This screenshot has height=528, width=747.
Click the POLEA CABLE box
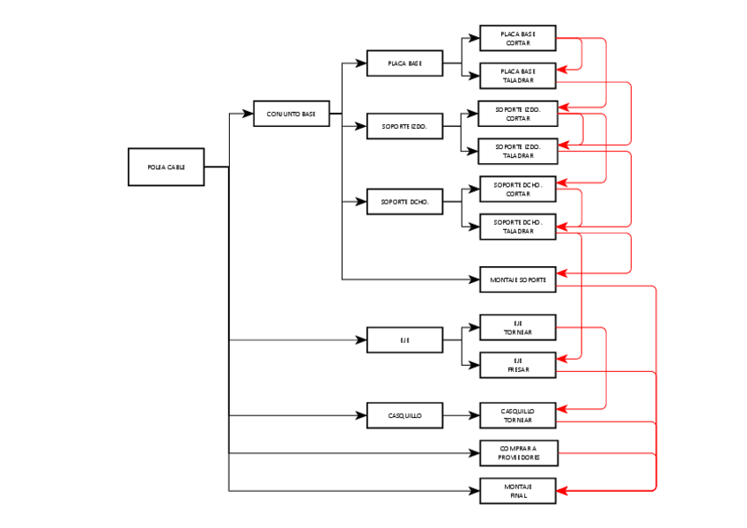166,167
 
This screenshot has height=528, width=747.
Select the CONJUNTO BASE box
291,114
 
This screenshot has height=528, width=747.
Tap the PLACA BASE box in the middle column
404,63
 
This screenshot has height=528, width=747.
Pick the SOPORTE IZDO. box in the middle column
404,127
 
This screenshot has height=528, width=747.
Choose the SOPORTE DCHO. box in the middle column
404,202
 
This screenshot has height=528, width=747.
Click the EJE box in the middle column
404,339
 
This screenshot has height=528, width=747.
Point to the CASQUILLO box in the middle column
404,415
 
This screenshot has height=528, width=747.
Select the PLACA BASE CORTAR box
517,38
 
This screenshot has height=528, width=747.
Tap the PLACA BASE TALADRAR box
517,76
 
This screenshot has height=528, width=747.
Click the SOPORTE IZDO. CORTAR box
517,114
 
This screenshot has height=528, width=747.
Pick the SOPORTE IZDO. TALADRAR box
517,151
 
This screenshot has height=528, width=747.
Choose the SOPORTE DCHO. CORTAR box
517,190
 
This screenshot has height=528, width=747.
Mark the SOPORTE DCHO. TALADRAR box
517,227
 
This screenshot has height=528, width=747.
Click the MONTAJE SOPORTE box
517,279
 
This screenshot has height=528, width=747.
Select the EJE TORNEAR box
517,328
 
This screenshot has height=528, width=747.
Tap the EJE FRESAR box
517,365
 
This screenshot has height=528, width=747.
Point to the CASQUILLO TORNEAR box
517,415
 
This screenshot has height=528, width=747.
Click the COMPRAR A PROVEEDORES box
517,453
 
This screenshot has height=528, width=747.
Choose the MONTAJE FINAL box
517,491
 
